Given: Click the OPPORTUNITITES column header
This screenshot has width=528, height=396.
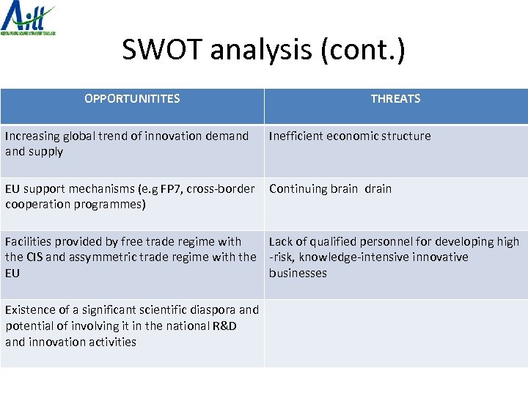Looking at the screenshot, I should [x=132, y=98].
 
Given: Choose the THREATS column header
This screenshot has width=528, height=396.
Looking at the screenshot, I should [x=395, y=98].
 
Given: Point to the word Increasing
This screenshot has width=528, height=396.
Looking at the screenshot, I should [x=32, y=136].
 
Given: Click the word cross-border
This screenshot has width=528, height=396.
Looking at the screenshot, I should [x=221, y=188].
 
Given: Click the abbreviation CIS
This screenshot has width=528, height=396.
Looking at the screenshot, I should [x=34, y=257].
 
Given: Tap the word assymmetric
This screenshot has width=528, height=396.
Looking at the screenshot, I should [x=106, y=257].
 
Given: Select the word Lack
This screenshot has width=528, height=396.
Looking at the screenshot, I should [x=281, y=241].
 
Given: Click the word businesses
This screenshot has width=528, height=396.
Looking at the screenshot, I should [x=298, y=273].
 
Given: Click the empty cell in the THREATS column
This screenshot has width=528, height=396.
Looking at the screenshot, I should [x=395, y=333].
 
